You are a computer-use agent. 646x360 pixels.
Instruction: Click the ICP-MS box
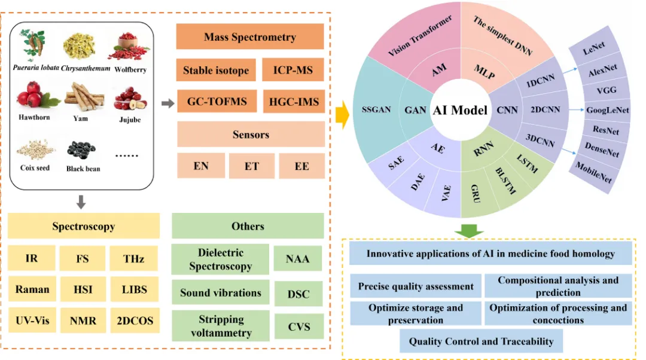[x=293, y=71]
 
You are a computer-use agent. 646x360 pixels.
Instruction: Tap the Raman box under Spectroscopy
[x=33, y=289]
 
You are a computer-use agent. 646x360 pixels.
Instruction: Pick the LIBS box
[x=135, y=289]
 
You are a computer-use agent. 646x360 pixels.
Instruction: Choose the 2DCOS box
[x=135, y=321]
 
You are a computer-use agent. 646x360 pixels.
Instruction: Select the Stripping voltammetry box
[x=220, y=326]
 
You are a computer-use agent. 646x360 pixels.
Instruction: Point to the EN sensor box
[x=201, y=166]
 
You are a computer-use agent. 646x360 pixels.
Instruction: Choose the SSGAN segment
[x=376, y=110]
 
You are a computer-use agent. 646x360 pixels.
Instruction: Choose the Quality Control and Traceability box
[x=481, y=341]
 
